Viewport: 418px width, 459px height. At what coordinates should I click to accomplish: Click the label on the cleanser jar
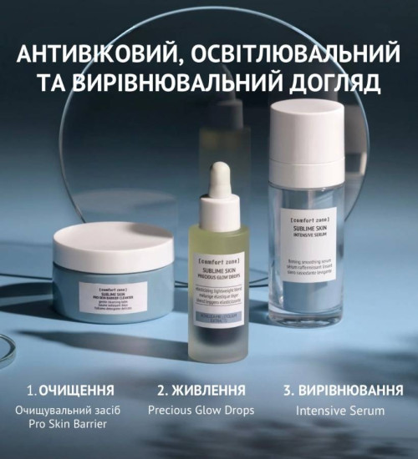[x=113, y=293]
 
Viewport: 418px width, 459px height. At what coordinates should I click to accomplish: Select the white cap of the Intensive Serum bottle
[x=305, y=134]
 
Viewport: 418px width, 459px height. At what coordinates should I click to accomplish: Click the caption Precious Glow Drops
[x=201, y=411]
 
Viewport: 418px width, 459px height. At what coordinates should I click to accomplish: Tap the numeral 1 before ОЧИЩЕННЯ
[x=30, y=390]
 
